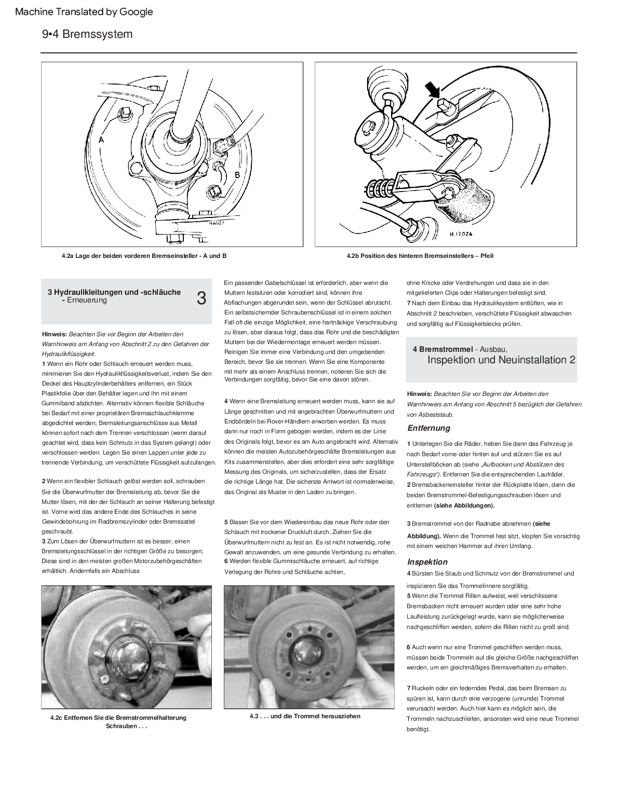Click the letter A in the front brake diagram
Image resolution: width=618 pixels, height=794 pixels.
[x=102, y=140]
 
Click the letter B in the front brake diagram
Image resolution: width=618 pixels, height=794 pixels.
[x=237, y=175]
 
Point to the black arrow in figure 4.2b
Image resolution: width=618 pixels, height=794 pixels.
[x=434, y=91]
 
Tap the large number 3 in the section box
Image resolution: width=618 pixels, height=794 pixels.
[x=201, y=298]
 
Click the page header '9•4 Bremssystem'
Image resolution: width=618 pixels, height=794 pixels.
[x=87, y=34]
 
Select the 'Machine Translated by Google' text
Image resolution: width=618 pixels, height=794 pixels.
[x=84, y=12]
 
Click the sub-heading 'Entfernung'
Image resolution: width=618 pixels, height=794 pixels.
[x=428, y=428]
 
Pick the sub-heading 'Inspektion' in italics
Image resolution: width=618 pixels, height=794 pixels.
[x=427, y=562]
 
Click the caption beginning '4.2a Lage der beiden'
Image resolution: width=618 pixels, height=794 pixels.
[x=144, y=256]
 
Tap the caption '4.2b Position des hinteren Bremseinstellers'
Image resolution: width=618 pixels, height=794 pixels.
[x=420, y=256]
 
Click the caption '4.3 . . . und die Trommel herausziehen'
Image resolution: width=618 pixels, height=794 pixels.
[x=305, y=716]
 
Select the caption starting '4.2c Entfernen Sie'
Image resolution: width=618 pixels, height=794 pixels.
[x=118, y=718]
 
